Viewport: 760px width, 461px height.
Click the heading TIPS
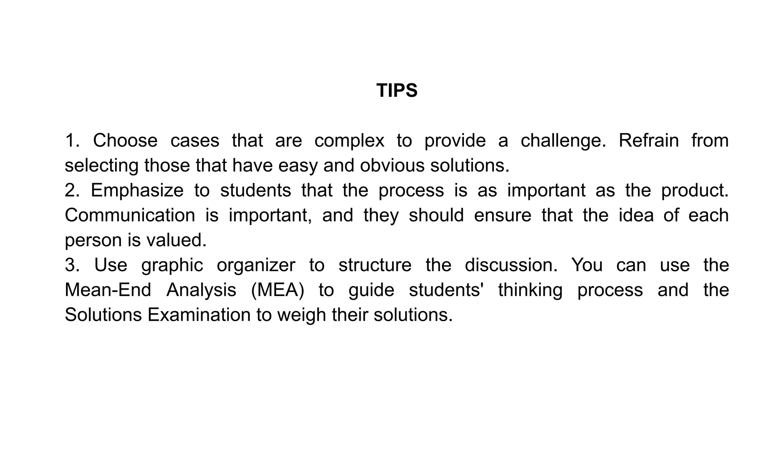(397, 90)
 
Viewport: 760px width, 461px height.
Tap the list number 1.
(72, 141)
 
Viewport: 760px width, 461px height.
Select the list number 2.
(72, 191)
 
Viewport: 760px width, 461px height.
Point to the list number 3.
(72, 266)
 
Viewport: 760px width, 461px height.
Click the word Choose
(125, 141)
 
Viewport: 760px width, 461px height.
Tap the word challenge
(563, 141)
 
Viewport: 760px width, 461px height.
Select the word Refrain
(649, 141)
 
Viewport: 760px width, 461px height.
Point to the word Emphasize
(137, 191)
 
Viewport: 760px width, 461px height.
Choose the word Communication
(130, 215)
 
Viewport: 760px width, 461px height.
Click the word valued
(177, 240)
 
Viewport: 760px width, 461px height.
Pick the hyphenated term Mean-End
(108, 290)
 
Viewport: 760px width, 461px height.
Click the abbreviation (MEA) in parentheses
(278, 290)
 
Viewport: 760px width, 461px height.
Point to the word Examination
(199, 315)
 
